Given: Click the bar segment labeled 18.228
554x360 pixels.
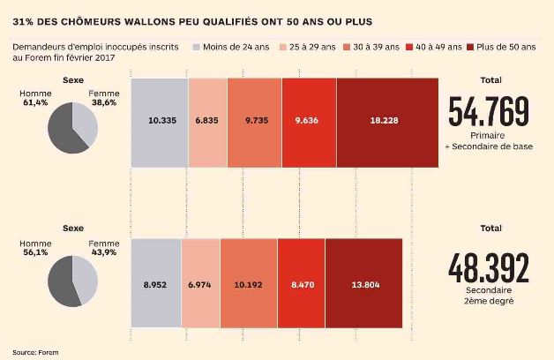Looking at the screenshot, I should coord(386,123).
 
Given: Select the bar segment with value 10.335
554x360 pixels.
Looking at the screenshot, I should coord(159,123).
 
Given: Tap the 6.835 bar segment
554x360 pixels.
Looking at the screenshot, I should coord(207,123).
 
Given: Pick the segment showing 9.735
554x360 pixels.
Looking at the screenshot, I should coord(254,123).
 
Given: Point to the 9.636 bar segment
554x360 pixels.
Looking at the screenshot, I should coord(309,123).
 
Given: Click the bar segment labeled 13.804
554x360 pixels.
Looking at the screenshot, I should coord(363,285).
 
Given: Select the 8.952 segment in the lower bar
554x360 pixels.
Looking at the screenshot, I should coord(155,285).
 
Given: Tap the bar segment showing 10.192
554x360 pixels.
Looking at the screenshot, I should coord(248,285).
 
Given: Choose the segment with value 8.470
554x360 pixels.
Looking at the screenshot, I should coord(301,285).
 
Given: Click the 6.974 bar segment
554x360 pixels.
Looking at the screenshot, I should coord(200,285).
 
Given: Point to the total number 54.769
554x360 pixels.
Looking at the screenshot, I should coord(489,112).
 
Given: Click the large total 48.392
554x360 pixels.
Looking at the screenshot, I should coord(489,268).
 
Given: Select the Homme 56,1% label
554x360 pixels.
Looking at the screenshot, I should coord(36,249).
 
